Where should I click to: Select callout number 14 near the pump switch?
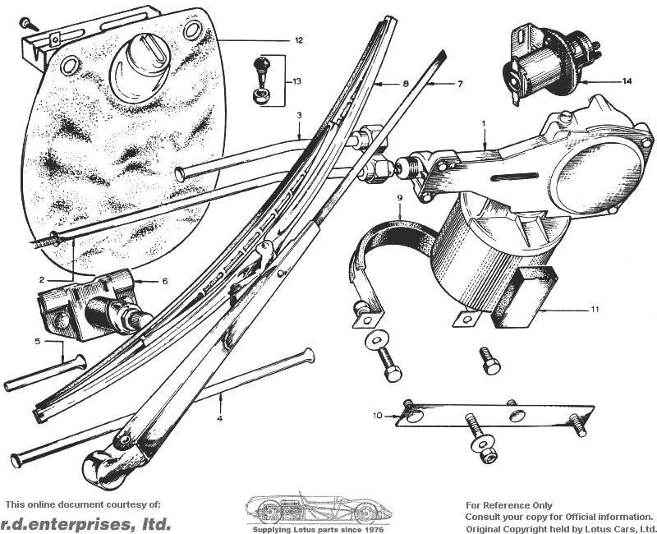coord(627,81)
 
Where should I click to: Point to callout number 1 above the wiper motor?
coord(484,123)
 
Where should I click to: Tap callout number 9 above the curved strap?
coord(399,199)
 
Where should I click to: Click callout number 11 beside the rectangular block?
coord(594,310)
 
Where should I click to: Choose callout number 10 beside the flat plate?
coord(378,416)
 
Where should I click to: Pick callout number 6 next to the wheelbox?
coord(164,281)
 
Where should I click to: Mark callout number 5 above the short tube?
coord(37,340)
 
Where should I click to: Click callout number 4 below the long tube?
coord(220,418)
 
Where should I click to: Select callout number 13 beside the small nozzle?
coord(296,82)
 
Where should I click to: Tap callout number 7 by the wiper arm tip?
coord(461,84)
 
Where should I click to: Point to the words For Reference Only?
coord(509,505)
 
